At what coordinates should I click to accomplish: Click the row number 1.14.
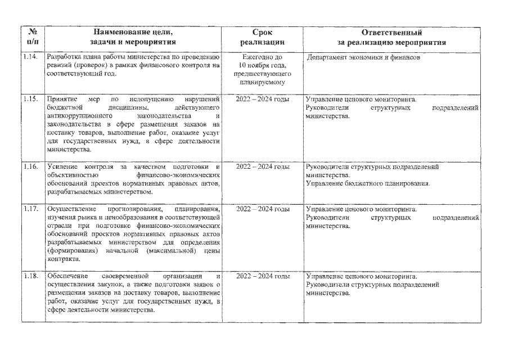click(31, 57)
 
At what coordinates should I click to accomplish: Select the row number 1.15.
click(31, 99)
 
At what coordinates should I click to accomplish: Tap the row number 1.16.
click(31, 167)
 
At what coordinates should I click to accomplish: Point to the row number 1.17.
click(31, 209)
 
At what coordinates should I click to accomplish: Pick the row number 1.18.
click(31, 277)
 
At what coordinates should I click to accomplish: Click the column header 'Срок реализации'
click(262, 37)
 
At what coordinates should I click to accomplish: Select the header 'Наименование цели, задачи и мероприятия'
click(133, 37)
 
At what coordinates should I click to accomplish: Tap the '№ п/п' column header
click(31, 37)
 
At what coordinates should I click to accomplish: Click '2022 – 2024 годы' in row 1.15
click(263, 99)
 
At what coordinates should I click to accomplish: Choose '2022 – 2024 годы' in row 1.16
click(263, 167)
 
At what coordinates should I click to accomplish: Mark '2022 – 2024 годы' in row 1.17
click(263, 209)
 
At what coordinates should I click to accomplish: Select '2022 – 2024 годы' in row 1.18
click(263, 277)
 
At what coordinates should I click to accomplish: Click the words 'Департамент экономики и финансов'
click(363, 58)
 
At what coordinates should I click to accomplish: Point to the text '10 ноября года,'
click(263, 65)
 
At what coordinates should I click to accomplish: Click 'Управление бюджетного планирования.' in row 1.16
click(367, 183)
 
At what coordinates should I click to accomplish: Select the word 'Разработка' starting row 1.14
click(65, 57)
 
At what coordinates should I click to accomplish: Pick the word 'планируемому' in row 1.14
click(263, 82)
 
